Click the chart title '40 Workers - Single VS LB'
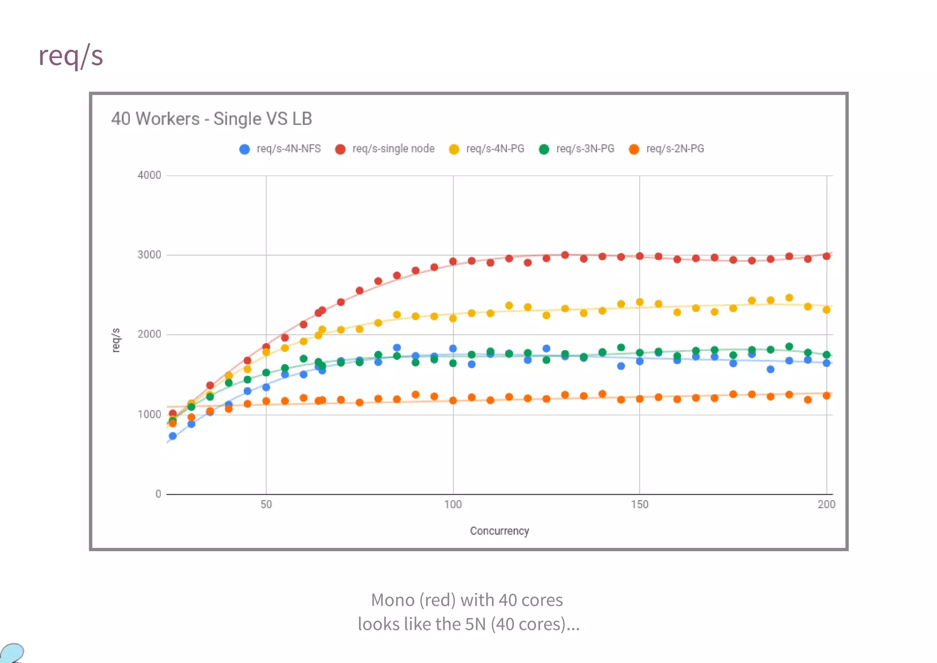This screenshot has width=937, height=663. tap(211, 119)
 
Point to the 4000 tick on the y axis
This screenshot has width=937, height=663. tap(149, 175)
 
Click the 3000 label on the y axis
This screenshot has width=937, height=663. tap(149, 255)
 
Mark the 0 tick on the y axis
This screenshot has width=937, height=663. tap(158, 494)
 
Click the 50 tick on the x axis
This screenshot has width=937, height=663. tap(266, 505)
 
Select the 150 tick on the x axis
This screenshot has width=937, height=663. tap(640, 505)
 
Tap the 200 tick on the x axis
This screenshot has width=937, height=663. tap(826, 505)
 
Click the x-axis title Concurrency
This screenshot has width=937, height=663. tap(499, 531)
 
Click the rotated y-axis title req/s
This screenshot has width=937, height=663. tap(116, 340)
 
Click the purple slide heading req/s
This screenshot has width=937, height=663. tap(71, 56)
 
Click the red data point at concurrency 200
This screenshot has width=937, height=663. tap(826, 256)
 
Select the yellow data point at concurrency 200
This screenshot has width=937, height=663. tap(826, 310)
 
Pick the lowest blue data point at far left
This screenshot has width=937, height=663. tap(172, 436)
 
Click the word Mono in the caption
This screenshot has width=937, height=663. tap(392, 600)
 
